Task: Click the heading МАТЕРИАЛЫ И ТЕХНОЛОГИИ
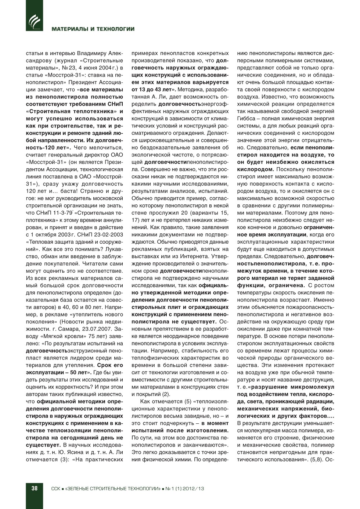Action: click(93, 29)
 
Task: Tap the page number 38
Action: click(34, 488)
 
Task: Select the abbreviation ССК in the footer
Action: click(55, 488)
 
